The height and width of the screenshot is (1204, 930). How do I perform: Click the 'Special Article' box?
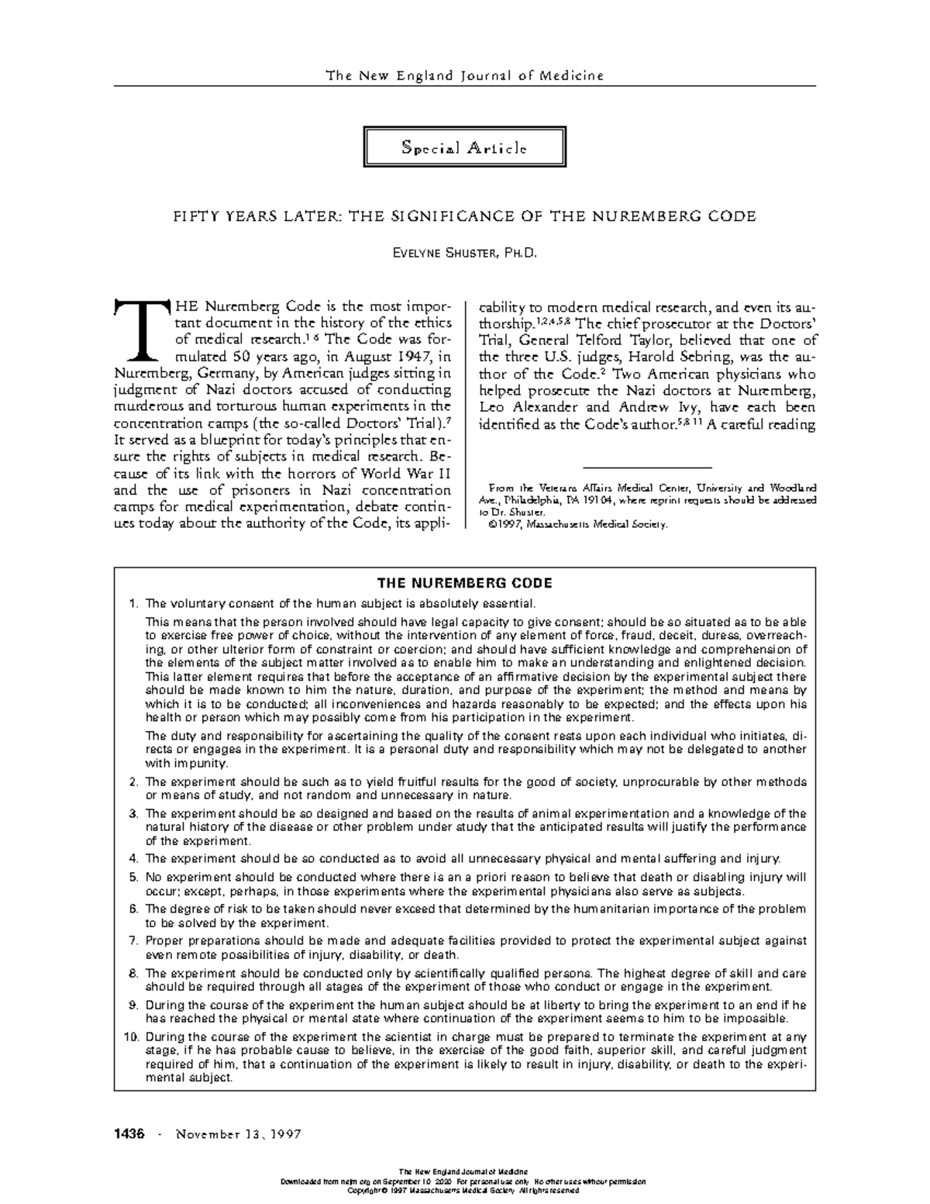click(464, 147)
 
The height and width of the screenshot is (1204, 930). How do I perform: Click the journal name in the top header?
click(464, 75)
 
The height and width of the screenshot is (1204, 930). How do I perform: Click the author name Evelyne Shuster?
click(464, 253)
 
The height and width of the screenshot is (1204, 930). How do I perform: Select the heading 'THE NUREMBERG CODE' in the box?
click(464, 582)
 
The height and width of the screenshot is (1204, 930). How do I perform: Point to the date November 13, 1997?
click(239, 1134)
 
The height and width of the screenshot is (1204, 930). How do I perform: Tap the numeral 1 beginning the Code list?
click(133, 603)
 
